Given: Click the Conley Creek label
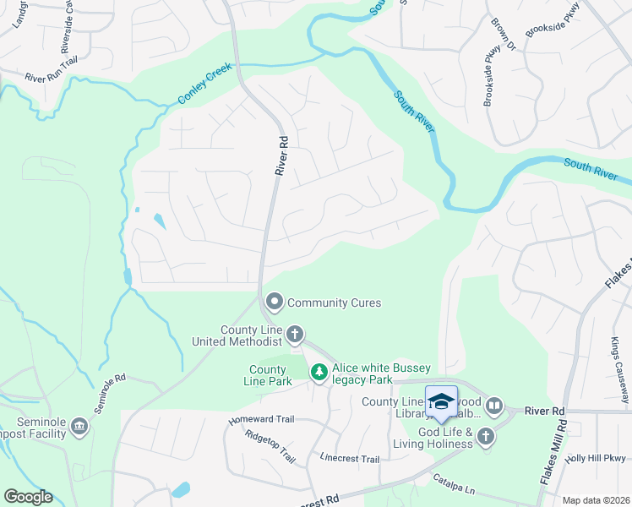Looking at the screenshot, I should pyautogui.click(x=205, y=86).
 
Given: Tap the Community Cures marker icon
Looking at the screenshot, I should pyautogui.click(x=274, y=302).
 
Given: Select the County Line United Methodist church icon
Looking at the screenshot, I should pyautogui.click(x=295, y=335).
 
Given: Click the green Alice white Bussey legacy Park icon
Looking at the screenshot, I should pyautogui.click(x=319, y=372).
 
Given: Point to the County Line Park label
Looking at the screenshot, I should pyautogui.click(x=268, y=375).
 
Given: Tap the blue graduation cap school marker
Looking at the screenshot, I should pyautogui.click(x=441, y=401).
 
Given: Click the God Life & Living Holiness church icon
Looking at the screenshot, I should pyautogui.click(x=485, y=436).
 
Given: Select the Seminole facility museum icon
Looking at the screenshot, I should pyautogui.click(x=79, y=424).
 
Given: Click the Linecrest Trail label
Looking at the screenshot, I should pyautogui.click(x=350, y=460).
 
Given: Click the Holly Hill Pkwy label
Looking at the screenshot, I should pyautogui.click(x=596, y=459).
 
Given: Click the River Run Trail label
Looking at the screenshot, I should pyautogui.click(x=50, y=76).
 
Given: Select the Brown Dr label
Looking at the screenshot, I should pyautogui.click(x=505, y=35).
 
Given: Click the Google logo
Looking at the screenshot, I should pyautogui.click(x=28, y=497).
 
